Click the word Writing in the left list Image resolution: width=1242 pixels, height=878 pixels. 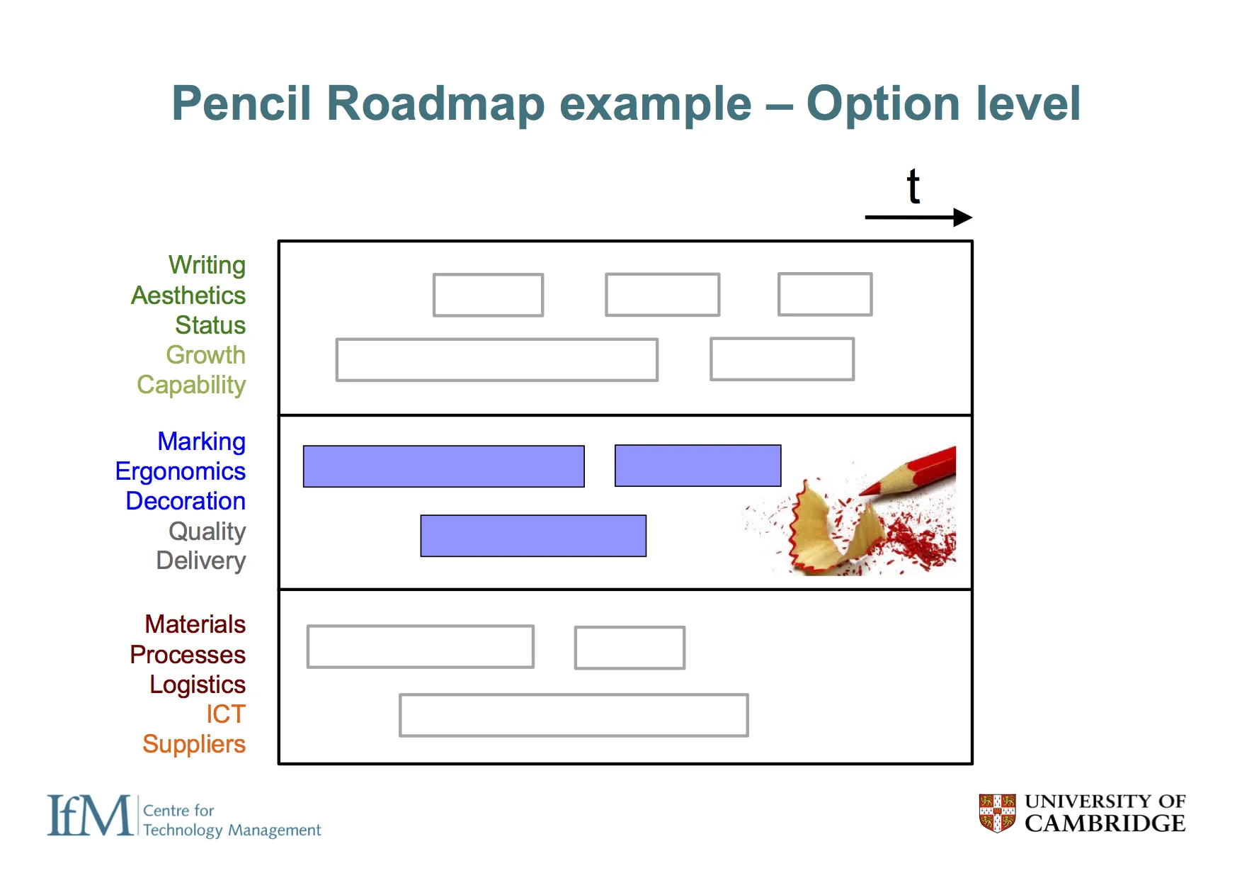coord(207,265)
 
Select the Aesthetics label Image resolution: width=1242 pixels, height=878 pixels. coord(188,296)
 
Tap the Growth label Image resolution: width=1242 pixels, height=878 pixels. coord(205,355)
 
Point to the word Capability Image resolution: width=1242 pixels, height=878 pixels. coord(191,385)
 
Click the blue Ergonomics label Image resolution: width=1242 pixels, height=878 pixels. coord(181,471)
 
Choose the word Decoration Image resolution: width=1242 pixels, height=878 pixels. coord(186,501)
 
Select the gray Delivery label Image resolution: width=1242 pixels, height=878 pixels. coord(201,561)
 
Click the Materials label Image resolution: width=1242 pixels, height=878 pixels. coord(195,624)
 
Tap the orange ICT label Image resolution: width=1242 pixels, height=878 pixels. coord(226,714)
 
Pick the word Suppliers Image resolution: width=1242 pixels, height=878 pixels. coord(194,744)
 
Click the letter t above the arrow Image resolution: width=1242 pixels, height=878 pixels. coord(913,188)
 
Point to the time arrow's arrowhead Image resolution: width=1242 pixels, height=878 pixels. coord(963,218)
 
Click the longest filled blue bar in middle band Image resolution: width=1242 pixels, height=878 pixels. coord(443,466)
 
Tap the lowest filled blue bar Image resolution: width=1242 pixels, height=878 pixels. coord(533,536)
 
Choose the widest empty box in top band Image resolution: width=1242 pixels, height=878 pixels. coord(497,360)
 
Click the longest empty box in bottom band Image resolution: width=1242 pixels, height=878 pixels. coord(574,715)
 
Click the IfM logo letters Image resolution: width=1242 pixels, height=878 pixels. coord(89,816)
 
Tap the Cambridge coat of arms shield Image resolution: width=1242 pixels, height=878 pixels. coord(997,813)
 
